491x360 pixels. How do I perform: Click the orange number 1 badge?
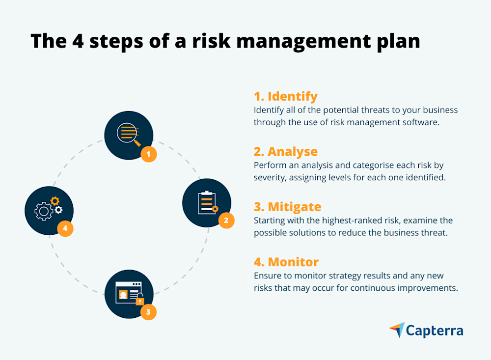tap(148, 154)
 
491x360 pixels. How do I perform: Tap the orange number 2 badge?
tap(226, 221)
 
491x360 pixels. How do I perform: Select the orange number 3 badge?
tap(148, 312)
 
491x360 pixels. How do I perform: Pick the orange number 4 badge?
tap(65, 228)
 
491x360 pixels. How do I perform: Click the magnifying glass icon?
tap(129, 134)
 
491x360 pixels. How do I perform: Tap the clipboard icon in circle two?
tap(207, 202)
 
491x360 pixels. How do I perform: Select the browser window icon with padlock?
tap(129, 293)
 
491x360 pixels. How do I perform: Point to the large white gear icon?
tap(43, 211)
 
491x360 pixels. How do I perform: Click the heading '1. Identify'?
tap(285, 96)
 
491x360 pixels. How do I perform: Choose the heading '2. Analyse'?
tap(286, 151)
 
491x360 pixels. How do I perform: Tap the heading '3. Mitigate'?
tap(288, 206)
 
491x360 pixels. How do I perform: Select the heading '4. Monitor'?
tap(286, 262)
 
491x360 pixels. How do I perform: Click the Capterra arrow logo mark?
tap(397, 330)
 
